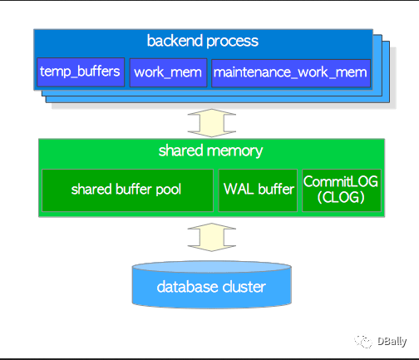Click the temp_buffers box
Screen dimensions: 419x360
pyautogui.click(x=81, y=72)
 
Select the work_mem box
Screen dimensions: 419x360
pyautogui.click(x=168, y=72)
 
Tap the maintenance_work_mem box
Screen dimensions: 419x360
pyautogui.click(x=291, y=73)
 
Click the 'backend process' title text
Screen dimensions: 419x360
pyautogui.click(x=203, y=41)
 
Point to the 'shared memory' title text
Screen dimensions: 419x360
pyautogui.click(x=210, y=150)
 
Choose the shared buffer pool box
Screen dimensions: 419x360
pyautogui.click(x=127, y=190)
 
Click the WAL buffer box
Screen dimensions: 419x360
pyautogui.click(x=258, y=190)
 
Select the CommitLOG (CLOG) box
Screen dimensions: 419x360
pyautogui.click(x=342, y=190)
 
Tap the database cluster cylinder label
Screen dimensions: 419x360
pyautogui.click(x=211, y=287)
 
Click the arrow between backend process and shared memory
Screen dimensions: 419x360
pyautogui.click(x=212, y=123)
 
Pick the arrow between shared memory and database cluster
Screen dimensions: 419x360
pyautogui.click(x=212, y=237)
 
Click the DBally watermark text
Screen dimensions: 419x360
pyautogui.click(x=392, y=342)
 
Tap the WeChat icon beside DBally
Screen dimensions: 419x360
pyautogui.click(x=363, y=342)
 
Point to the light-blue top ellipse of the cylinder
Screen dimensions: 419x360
pyautogui.click(x=212, y=267)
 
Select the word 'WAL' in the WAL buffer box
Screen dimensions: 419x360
pyautogui.click(x=239, y=189)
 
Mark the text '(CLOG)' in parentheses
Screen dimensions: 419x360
pyautogui.click(x=341, y=197)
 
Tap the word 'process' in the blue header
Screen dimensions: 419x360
pyautogui.click(x=232, y=42)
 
